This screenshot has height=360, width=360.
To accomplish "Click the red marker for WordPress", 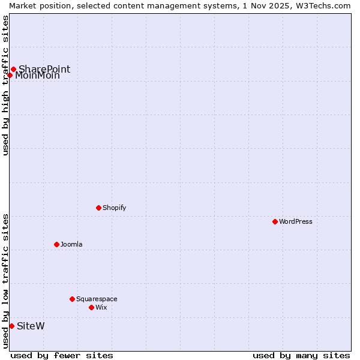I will [x=275, y=221].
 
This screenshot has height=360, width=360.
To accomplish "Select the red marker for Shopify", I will [x=98, y=208].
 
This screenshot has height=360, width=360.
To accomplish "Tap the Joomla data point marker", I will [x=56, y=244].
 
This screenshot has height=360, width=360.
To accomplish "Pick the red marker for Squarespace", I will [x=72, y=299].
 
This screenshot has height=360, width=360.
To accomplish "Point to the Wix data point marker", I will [x=91, y=307].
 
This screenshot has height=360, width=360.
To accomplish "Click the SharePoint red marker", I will [x=13, y=69].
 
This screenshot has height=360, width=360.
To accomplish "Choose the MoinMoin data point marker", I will [x=10, y=75].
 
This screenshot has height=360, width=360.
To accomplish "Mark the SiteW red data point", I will [x=11, y=326].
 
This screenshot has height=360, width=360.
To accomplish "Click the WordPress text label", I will [x=296, y=221].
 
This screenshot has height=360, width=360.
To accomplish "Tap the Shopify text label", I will [x=114, y=208].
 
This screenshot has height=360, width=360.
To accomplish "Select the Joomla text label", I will [x=71, y=244].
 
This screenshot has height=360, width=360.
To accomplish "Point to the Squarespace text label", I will [x=97, y=299].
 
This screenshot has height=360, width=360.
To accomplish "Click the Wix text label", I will [x=101, y=307].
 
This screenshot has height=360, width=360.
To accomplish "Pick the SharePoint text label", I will [x=44, y=69].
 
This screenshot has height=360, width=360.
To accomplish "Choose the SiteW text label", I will [x=31, y=326].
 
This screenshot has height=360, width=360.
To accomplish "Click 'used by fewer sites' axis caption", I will [x=62, y=355].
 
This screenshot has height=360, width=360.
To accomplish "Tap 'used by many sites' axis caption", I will [x=301, y=355].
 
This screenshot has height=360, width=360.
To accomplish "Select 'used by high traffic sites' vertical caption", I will [x=5, y=85].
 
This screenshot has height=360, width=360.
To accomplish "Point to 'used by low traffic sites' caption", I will [x=5, y=281].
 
